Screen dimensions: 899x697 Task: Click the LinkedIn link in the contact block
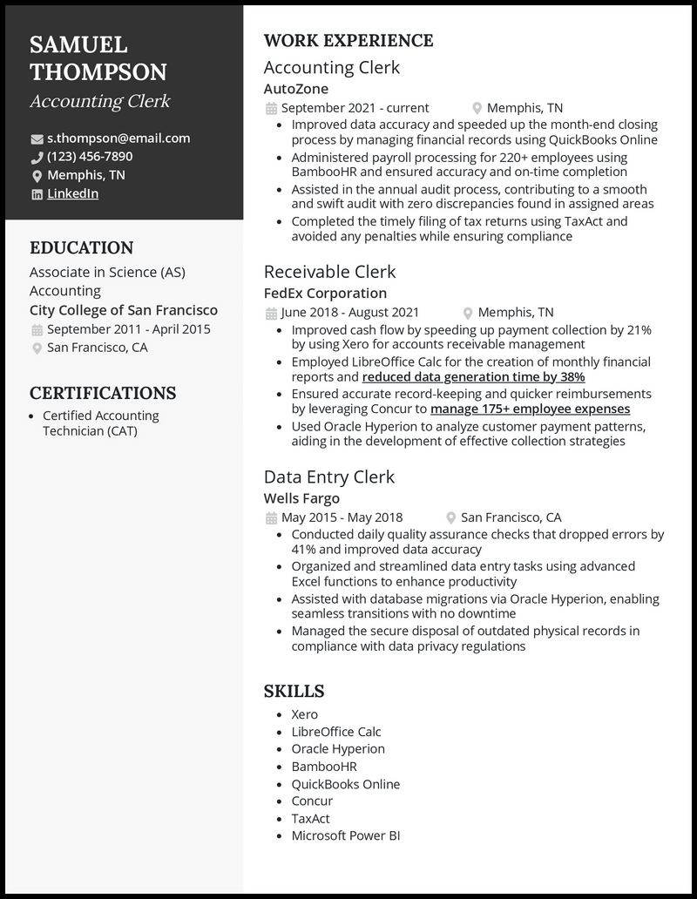(x=72, y=194)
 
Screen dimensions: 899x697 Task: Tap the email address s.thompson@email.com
(x=118, y=139)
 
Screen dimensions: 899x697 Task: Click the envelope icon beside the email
(x=37, y=139)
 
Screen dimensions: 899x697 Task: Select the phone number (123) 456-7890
(x=90, y=157)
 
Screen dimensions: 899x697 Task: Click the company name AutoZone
(x=295, y=88)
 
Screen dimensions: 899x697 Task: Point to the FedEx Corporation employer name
(x=325, y=294)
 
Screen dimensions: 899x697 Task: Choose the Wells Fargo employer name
(x=301, y=498)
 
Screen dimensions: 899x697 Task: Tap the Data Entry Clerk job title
(x=328, y=477)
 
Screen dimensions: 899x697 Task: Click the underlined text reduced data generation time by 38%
(x=473, y=377)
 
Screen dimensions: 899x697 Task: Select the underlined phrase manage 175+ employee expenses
(x=530, y=409)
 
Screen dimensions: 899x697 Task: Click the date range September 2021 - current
(x=355, y=108)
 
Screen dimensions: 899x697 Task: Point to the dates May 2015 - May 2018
(x=342, y=517)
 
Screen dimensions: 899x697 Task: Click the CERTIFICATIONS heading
(x=103, y=393)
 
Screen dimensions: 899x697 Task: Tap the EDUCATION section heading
(x=81, y=248)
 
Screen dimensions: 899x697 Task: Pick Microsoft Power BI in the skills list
(x=345, y=836)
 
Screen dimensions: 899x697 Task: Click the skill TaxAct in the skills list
(x=311, y=819)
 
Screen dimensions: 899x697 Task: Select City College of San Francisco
(x=124, y=310)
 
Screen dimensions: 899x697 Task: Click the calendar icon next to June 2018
(x=271, y=313)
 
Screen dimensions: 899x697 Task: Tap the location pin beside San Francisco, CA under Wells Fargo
(x=451, y=518)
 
